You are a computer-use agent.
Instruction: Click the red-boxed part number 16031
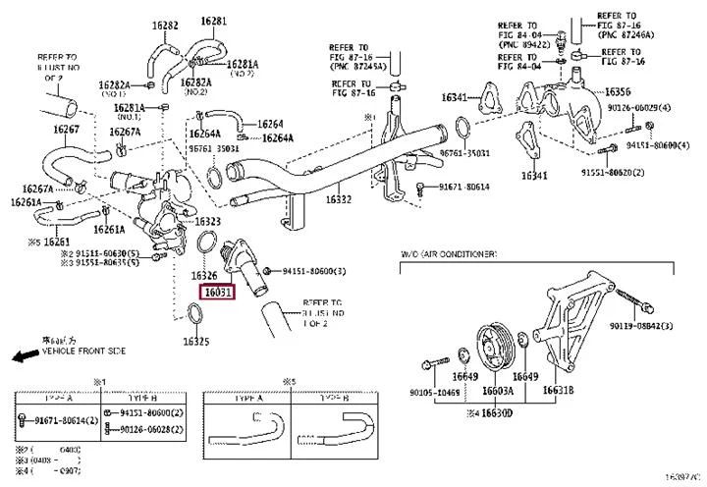(x=217, y=292)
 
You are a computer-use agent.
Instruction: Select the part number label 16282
(x=165, y=23)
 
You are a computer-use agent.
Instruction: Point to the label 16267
(x=67, y=129)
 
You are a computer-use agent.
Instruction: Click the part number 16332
(x=338, y=199)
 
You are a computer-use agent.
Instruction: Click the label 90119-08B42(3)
(x=662, y=326)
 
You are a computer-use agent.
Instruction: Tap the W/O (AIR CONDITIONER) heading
(x=448, y=254)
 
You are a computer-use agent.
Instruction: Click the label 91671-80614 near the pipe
(x=463, y=186)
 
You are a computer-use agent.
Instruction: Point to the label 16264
(x=270, y=125)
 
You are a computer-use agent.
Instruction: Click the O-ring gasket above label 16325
(x=196, y=314)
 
